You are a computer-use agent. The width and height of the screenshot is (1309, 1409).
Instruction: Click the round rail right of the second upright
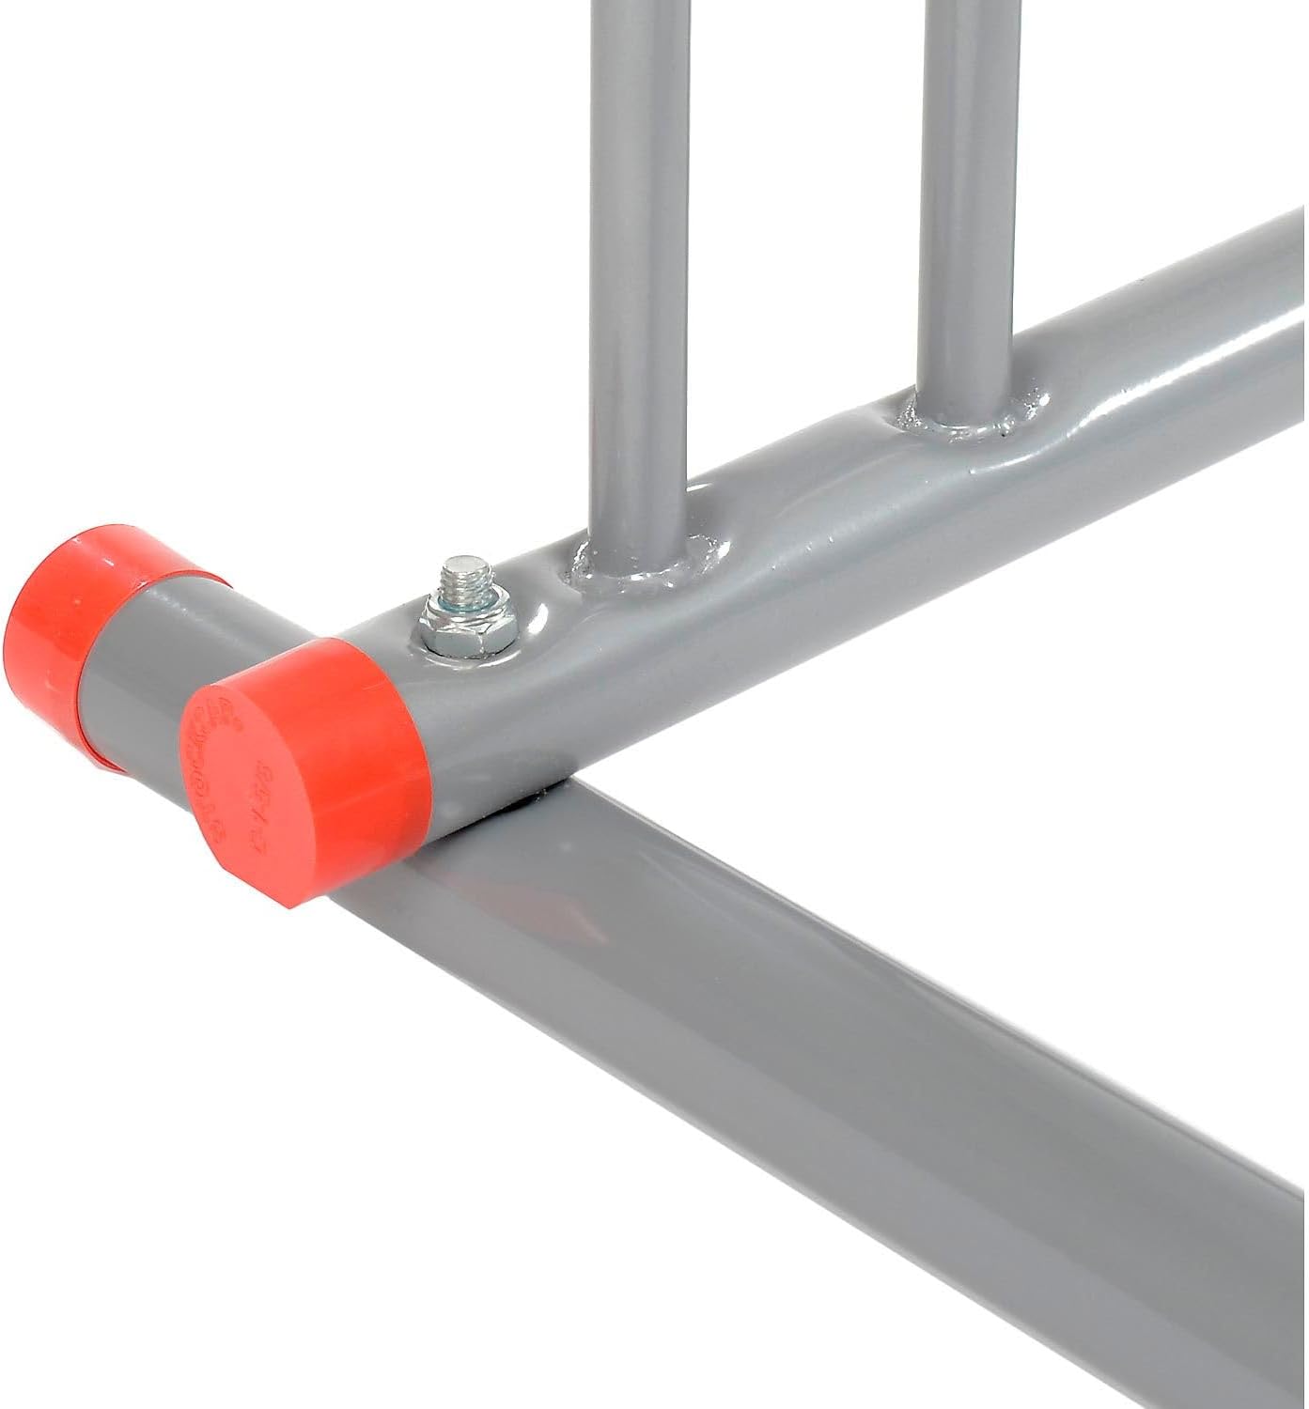tap(1175, 357)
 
